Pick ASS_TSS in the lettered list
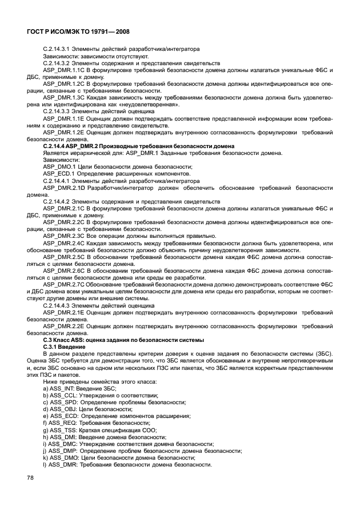64,430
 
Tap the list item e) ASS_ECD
65,416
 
